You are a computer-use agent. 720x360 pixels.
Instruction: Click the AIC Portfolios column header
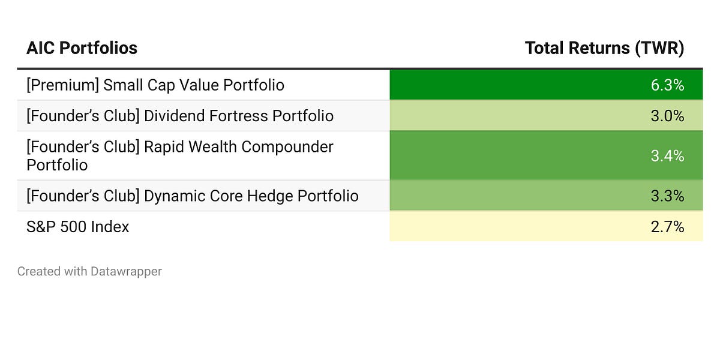click(x=82, y=48)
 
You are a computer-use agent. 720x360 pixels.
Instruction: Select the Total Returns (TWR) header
click(x=604, y=48)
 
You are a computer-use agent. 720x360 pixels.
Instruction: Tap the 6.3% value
click(x=667, y=85)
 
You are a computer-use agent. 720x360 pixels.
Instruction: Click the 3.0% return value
click(x=667, y=116)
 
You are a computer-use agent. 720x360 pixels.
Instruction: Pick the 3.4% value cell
click(x=667, y=156)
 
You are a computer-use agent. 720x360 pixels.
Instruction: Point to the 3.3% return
click(x=667, y=196)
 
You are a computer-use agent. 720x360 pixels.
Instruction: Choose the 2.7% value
click(x=667, y=227)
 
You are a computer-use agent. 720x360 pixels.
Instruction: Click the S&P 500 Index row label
click(x=77, y=227)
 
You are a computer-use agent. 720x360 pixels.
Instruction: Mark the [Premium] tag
click(x=62, y=85)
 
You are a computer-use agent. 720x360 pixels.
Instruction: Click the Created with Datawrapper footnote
click(x=89, y=271)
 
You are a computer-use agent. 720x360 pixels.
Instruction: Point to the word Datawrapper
click(x=126, y=271)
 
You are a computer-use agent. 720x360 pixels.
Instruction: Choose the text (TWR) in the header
click(x=660, y=48)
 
